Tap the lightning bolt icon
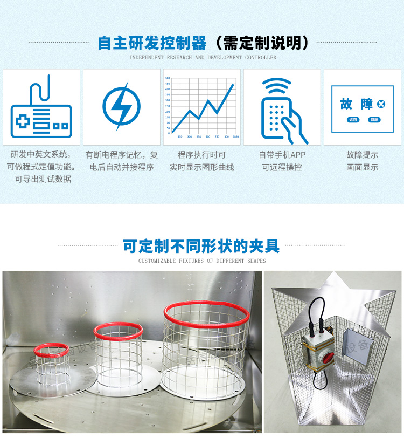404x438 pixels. (x=121, y=106)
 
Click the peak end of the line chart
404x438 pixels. (x=233, y=84)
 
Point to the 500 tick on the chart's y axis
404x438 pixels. (x=168, y=79)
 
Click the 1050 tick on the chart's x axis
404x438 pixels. (x=235, y=137)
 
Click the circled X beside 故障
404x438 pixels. (x=381, y=104)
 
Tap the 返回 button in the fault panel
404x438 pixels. (x=353, y=120)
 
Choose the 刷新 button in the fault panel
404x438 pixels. (x=373, y=120)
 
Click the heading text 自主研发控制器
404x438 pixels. (x=152, y=43)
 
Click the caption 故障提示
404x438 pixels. (x=362, y=155)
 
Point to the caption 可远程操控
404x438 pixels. (x=282, y=167)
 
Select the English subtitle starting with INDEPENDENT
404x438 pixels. (x=203, y=57)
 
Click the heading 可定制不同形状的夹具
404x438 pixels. (x=201, y=247)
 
